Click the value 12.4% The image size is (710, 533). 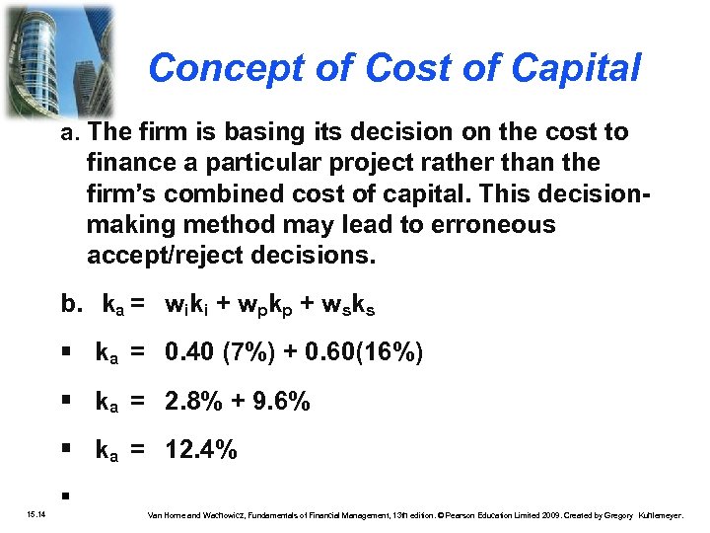tap(201, 451)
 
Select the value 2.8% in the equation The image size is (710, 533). tap(197, 402)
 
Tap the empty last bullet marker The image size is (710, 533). tap(61, 495)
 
